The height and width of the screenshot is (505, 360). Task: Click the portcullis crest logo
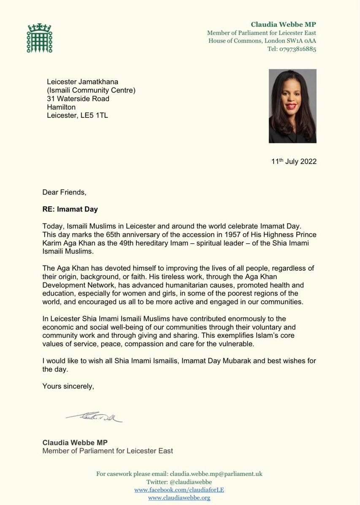pyautogui.click(x=39, y=39)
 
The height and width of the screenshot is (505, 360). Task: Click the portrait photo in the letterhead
pyautogui.click(x=292, y=106)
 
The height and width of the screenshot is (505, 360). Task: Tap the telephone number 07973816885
pyautogui.click(x=297, y=49)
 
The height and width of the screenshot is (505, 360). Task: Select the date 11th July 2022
pyautogui.click(x=294, y=162)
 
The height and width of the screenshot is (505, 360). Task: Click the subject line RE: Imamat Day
pyautogui.click(x=70, y=209)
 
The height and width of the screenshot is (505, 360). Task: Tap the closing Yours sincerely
pyautogui.click(x=68, y=386)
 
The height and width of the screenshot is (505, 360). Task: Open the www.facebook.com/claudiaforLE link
pyautogui.click(x=179, y=490)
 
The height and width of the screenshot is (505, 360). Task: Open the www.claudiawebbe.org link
pyautogui.click(x=179, y=498)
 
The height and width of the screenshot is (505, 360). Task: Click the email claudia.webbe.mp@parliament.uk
pyautogui.click(x=216, y=474)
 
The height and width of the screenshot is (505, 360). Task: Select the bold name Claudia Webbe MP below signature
pyautogui.click(x=75, y=443)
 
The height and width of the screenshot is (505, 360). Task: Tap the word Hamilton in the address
pyautogui.click(x=61, y=107)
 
